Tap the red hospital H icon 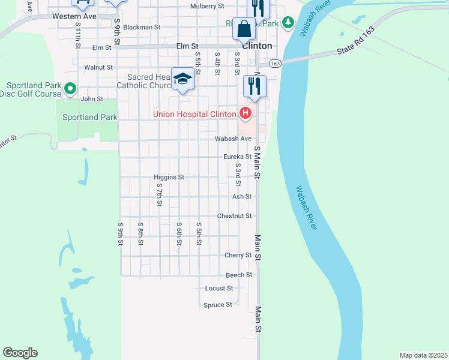tap(245, 113)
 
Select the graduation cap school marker tap(182, 79)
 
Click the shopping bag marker tap(244, 29)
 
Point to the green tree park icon tap(289, 23)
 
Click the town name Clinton tap(257, 46)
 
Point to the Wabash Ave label tap(234, 139)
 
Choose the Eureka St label tap(237, 157)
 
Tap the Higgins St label tap(168, 178)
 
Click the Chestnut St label tap(234, 215)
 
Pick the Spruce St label tap(218, 305)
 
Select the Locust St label tap(218, 289)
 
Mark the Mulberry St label tap(206, 6)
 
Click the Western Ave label tap(74, 16)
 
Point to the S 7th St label tap(159, 195)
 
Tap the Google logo tap(20, 353)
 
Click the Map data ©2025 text tap(423, 355)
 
